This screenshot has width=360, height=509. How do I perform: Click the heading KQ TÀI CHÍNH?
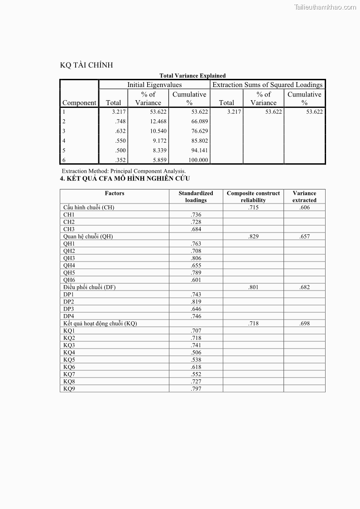coord(86,65)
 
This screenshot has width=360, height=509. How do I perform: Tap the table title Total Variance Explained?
coord(192,76)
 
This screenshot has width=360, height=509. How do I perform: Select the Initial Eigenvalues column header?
coord(154,85)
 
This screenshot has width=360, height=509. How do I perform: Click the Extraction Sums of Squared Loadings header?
coord(268,85)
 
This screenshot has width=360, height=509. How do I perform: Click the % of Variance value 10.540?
coord(158,131)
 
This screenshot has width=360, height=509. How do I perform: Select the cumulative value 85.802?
coord(200,141)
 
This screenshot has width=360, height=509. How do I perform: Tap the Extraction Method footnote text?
coord(124,171)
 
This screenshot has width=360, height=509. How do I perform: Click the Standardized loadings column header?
coord(196,196)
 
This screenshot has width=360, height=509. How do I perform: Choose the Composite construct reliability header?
coord(253,196)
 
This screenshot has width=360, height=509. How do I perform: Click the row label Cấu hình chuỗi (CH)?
coord(89,208)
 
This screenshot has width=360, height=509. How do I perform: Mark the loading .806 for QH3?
coord(196,258)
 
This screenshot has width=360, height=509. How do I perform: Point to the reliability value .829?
coord(253,237)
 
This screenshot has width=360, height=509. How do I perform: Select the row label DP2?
coord(69,302)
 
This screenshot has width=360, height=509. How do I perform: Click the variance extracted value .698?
coord(304,324)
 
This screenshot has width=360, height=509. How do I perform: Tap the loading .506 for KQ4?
coord(196,353)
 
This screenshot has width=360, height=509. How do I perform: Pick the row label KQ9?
coord(69,389)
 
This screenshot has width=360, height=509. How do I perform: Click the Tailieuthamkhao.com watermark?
coord(325,7)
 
